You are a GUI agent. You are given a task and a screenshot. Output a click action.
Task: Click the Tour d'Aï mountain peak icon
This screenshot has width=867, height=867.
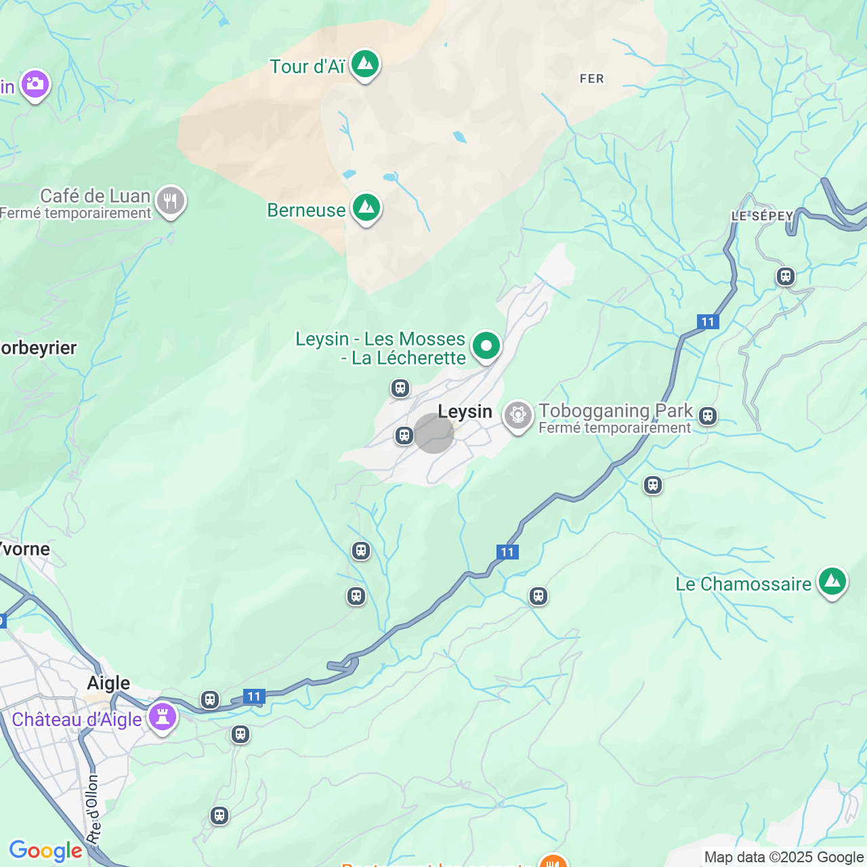pos(365,64)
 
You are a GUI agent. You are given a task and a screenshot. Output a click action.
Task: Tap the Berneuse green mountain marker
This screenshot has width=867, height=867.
pos(366,208)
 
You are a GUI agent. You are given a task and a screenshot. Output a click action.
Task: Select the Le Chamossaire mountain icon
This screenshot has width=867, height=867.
pos(832,582)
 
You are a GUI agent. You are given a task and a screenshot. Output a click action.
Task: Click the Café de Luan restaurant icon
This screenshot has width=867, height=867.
pos(170,201)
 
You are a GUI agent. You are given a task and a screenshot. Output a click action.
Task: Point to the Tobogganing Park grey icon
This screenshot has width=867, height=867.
pos(518,415)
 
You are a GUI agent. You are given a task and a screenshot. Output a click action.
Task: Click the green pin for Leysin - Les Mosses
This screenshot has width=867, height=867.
pos(486,346)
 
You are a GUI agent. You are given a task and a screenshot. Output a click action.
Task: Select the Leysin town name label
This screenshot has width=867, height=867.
pos(465,411)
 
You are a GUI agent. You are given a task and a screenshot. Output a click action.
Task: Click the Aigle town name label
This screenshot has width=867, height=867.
pos(108,683)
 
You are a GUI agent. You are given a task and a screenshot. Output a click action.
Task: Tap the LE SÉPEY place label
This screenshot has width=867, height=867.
pos(762,216)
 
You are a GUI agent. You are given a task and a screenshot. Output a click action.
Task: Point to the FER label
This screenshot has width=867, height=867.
pos(591,79)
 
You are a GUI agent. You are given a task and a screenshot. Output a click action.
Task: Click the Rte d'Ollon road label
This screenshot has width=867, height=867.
pos(93,810)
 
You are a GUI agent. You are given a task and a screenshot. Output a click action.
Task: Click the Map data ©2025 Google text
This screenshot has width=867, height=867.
pos(784,858)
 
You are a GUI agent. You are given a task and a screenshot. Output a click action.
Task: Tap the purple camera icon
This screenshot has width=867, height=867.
pos(35,85)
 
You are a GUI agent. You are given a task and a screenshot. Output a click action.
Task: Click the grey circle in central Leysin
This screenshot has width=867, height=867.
pos(433,433)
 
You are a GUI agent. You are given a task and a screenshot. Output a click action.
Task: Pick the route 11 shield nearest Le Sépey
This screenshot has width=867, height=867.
pos(708,322)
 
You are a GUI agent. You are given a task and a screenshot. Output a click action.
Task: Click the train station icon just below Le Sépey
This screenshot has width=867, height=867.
pos(785,276)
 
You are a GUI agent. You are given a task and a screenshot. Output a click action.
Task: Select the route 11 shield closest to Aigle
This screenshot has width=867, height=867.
pos(253,696)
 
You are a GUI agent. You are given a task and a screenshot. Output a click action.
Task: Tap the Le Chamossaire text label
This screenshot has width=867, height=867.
pos(743,584)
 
